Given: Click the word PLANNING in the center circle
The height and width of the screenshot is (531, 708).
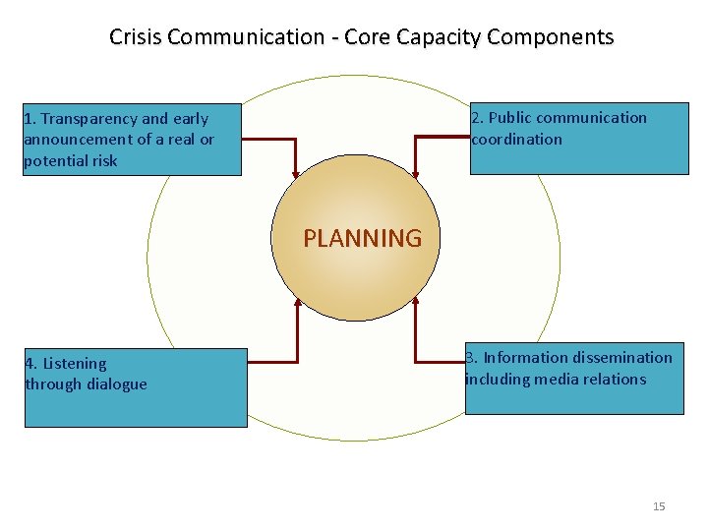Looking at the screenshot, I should coord(362,239).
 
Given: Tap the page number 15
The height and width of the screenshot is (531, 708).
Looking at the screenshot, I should coord(659,506).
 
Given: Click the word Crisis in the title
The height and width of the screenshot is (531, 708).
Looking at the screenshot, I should coord(136,37).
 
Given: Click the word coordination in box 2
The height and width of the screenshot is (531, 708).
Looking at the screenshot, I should coord(517,140).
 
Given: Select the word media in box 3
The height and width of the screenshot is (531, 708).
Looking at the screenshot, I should coord(561,380).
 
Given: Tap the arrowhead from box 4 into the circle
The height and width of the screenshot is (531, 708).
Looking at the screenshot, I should coord(297,301).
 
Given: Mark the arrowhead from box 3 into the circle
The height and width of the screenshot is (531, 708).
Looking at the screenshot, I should coord(416,301).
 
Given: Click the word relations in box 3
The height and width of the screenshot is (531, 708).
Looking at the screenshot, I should coord(616,380).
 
